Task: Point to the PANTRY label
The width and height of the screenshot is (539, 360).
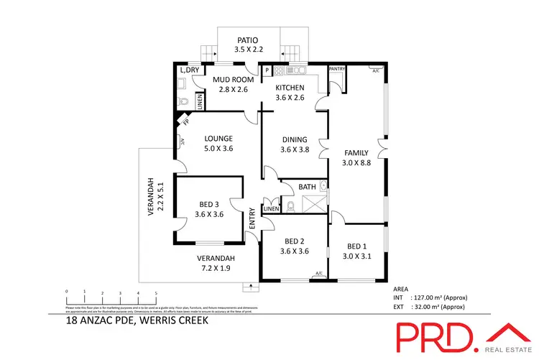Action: (x=337, y=69)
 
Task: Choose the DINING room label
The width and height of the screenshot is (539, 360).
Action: (x=295, y=140)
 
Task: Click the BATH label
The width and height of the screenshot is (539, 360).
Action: (x=308, y=187)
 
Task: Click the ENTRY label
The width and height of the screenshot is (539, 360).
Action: (x=252, y=218)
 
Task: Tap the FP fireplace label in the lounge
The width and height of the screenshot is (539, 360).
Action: (x=185, y=123)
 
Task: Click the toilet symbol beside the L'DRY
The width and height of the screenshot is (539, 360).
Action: (x=183, y=101)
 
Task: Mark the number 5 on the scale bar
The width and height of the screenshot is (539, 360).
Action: (x=155, y=292)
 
